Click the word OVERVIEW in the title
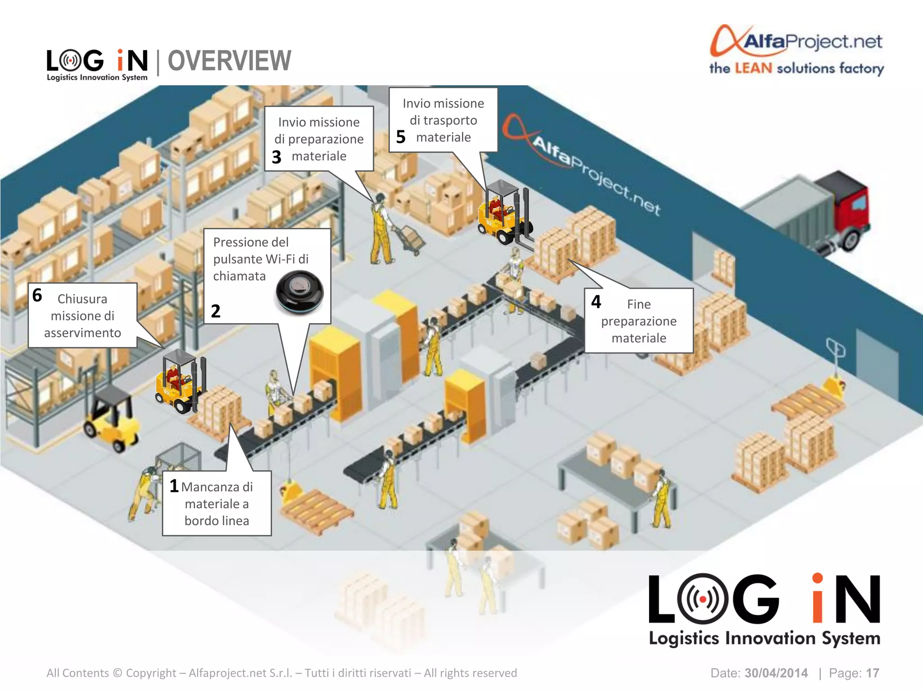click(229, 61)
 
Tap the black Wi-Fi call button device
click(299, 292)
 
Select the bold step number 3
click(276, 157)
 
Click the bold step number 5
click(401, 137)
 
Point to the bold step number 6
click(37, 296)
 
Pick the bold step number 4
click(596, 302)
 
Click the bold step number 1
click(174, 486)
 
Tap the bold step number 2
click(215, 311)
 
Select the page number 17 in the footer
click(872, 673)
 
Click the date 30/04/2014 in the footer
click(776, 673)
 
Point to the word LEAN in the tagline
click(753, 68)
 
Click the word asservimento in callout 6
click(82, 333)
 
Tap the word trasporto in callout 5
click(443, 120)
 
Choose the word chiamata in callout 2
click(239, 276)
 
